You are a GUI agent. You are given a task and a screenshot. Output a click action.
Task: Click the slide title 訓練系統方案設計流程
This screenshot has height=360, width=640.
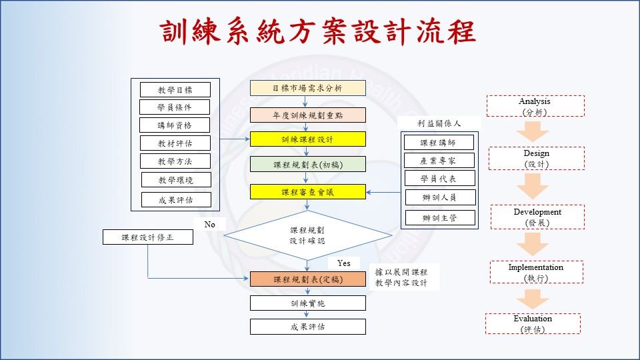click(x=319, y=31)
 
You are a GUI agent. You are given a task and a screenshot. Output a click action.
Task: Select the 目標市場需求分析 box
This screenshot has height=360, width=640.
click(x=307, y=88)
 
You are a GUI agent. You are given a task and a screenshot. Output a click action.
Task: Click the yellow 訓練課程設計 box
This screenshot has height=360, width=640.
click(x=307, y=139)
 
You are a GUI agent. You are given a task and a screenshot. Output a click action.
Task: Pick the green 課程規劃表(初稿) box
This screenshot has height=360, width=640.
click(x=307, y=164)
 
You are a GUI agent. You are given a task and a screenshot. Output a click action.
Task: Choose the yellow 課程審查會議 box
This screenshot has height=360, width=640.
click(x=307, y=192)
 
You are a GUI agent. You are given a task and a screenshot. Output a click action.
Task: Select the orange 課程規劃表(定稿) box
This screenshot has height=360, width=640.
click(x=307, y=279)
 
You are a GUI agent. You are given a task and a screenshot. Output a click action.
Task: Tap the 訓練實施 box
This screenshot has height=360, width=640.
click(x=307, y=303)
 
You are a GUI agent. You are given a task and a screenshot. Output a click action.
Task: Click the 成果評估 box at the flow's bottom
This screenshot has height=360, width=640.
click(x=307, y=327)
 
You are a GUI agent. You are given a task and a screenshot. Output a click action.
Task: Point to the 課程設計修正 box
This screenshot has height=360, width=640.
click(x=148, y=237)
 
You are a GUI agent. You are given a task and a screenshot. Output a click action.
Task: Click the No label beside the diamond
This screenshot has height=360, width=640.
click(x=209, y=225)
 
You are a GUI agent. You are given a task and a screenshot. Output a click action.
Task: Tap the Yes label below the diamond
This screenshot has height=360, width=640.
click(x=343, y=263)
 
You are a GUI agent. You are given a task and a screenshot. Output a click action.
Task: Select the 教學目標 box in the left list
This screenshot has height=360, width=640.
click(x=175, y=90)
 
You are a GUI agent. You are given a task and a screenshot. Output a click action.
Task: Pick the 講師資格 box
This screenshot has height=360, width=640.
click(x=175, y=125)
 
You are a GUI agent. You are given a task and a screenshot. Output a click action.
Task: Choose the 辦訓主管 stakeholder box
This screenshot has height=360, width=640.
click(x=439, y=218)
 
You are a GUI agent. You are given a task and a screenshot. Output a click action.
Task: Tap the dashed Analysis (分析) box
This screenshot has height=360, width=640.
click(x=535, y=107)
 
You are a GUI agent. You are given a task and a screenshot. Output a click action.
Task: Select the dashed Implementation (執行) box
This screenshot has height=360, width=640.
click(x=535, y=272)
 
